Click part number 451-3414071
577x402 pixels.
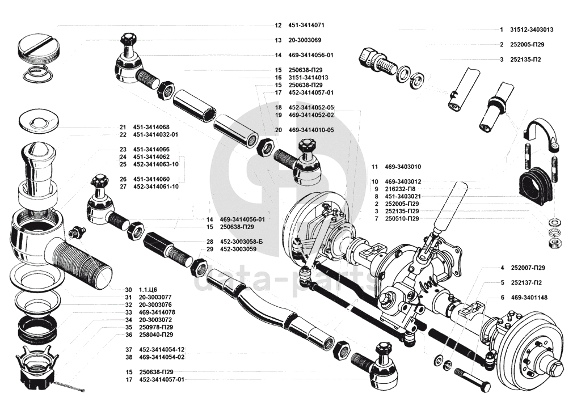pyautogui.click(x=306, y=26)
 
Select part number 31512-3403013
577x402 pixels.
pyautogui.click(x=532, y=30)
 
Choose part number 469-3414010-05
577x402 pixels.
pyautogui.click(x=311, y=130)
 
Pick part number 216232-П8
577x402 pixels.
pyautogui.click(x=400, y=189)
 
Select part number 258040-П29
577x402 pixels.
pyautogui.click(x=156, y=335)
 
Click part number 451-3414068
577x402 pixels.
pyautogui.click(x=151, y=127)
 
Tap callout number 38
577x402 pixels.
pyautogui.click(x=128, y=357)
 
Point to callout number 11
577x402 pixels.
pyautogui.click(x=374, y=167)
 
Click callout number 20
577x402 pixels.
pyautogui.click(x=278, y=130)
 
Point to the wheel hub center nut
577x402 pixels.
pyautogui.click(x=555, y=367)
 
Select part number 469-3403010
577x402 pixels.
pyautogui.click(x=403, y=167)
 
